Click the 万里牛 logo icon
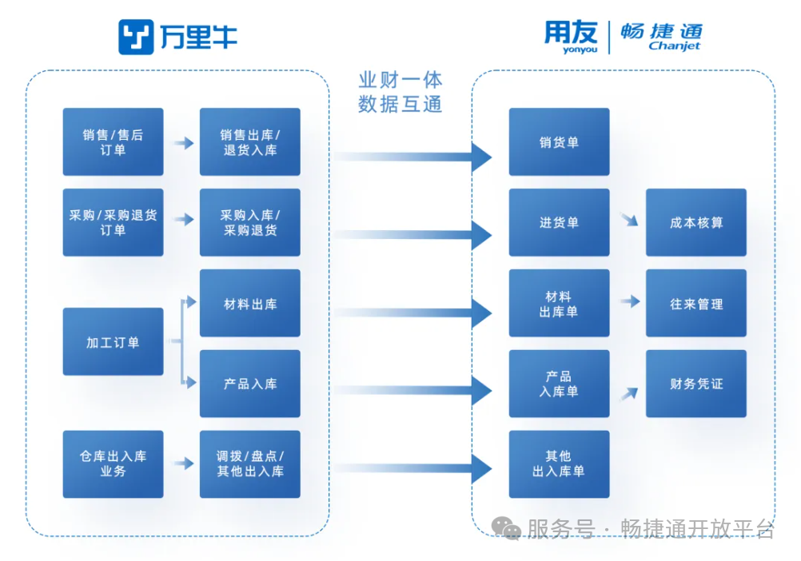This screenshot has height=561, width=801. (136, 37)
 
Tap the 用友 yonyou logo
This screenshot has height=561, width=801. (571, 37)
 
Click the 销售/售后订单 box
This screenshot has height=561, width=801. (113, 142)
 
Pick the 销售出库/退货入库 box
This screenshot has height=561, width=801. (250, 142)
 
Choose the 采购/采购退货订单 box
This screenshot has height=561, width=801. (113, 223)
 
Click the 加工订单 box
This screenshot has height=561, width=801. (113, 342)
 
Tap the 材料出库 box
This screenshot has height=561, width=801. (250, 304)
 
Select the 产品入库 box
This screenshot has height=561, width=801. (250, 384)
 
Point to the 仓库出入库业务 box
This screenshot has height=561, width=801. (113, 464)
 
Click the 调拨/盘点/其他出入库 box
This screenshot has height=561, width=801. (250, 464)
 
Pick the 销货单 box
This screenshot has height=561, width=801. (559, 142)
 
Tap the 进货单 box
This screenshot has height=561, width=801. (559, 223)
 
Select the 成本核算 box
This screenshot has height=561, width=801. (696, 223)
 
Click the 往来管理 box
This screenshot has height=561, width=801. (696, 304)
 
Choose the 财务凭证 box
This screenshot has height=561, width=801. (696, 384)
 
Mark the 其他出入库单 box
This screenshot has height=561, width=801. (559, 464)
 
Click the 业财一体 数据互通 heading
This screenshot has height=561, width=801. (400, 92)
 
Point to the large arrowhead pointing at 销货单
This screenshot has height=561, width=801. (481, 156)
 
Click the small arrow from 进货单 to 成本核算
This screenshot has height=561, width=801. (629, 220)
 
